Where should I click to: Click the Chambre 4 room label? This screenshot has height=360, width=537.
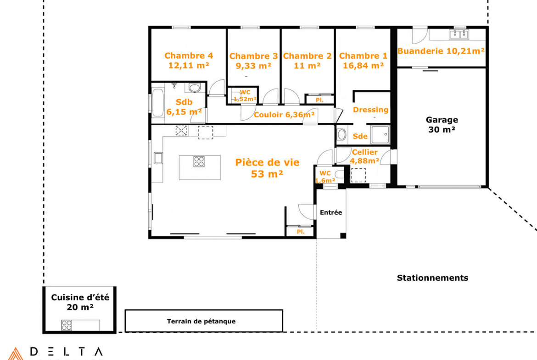pos(189,55)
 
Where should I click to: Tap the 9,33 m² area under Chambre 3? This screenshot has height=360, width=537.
pos(253,66)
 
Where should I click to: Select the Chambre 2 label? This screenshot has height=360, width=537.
pos(307,56)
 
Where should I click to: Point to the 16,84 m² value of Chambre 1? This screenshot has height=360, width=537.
pos(363,66)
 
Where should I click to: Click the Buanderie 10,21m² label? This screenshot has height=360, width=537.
pos(441,51)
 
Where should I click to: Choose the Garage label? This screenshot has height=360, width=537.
pos(442,120)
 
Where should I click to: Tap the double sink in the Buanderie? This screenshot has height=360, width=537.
pos(459,34)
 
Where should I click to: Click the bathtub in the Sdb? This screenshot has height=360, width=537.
pos(158,103)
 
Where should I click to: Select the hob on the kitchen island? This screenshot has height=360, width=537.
pos(199,161)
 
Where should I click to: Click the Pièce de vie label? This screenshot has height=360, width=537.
pos(267,162)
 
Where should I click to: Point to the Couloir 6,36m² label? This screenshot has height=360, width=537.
pos(284,115)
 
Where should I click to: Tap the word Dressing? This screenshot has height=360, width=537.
pos(370,110)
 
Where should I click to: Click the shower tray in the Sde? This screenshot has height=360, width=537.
pos(380,134)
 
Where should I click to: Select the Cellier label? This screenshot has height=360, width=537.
pos(365,152)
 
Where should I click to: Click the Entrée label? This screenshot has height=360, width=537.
pos(331,212)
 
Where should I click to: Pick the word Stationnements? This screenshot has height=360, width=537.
pos(432,278)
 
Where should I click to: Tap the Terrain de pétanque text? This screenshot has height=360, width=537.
pos(201,321)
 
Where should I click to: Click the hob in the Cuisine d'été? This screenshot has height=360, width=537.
pos(67,325)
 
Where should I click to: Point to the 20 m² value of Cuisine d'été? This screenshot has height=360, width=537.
pos(80,307)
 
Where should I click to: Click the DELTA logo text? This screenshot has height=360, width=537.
pos(67,352)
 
